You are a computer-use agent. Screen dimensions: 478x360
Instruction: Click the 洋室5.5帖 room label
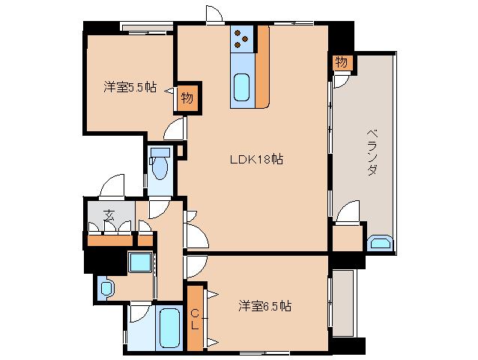pos(130,87)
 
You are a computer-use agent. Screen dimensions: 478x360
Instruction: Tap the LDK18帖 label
pos(256,159)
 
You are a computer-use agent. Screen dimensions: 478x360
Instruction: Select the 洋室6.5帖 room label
pos(265,306)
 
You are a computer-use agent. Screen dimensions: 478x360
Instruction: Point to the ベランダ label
pos(372,152)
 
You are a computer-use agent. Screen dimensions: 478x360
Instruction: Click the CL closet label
pos(195,319)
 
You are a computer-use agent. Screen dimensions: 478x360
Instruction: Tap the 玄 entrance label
pos(109,216)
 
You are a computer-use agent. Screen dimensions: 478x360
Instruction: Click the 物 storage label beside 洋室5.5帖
pos(187,98)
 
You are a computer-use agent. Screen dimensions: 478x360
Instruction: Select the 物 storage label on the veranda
pos(341,62)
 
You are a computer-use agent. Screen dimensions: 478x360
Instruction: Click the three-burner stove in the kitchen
pos(242,39)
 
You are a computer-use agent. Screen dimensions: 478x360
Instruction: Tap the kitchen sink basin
pos(242,88)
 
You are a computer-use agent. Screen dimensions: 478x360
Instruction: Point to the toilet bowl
pos(160,165)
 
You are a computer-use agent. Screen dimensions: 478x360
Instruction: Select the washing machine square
pos(140,262)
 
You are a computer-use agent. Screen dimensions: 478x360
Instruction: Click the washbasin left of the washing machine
pos(106,288)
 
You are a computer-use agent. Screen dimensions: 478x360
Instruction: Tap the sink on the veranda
pos(380,243)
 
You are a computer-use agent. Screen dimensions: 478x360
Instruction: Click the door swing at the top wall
pos(214,13)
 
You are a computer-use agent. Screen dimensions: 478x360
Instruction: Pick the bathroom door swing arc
pos(140,313)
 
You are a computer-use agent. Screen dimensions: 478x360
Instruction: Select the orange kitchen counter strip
pos(262,67)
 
